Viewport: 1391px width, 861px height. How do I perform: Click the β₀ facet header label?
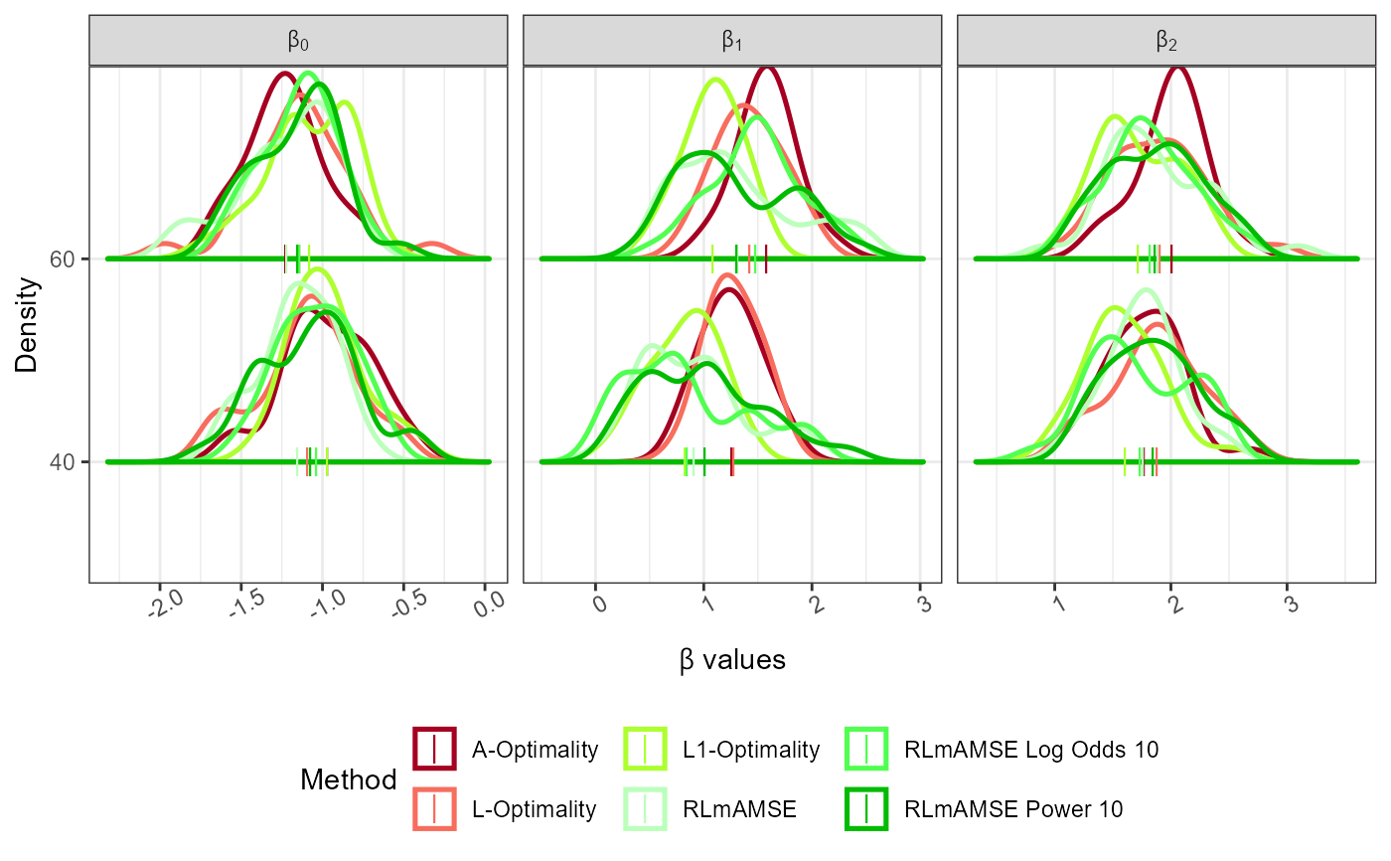click(x=298, y=42)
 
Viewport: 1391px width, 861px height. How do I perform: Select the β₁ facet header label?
click(x=732, y=42)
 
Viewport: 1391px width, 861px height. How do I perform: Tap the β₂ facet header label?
click(x=1166, y=42)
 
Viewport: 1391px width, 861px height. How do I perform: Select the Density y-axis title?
click(x=28, y=324)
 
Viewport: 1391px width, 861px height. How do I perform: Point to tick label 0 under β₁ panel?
click(x=595, y=603)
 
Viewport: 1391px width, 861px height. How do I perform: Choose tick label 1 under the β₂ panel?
click(x=1055, y=603)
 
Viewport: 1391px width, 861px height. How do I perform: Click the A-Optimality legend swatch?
click(x=434, y=749)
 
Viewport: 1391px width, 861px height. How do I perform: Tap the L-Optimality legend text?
click(x=534, y=809)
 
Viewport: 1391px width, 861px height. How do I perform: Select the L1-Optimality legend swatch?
click(x=646, y=749)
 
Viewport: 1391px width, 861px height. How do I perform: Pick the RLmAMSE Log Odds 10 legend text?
click(x=1031, y=749)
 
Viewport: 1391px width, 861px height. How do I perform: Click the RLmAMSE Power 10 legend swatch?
click(x=867, y=809)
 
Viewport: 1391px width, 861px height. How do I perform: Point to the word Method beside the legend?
click(x=349, y=780)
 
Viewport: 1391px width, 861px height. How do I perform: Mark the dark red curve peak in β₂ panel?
click(x=1177, y=68)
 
